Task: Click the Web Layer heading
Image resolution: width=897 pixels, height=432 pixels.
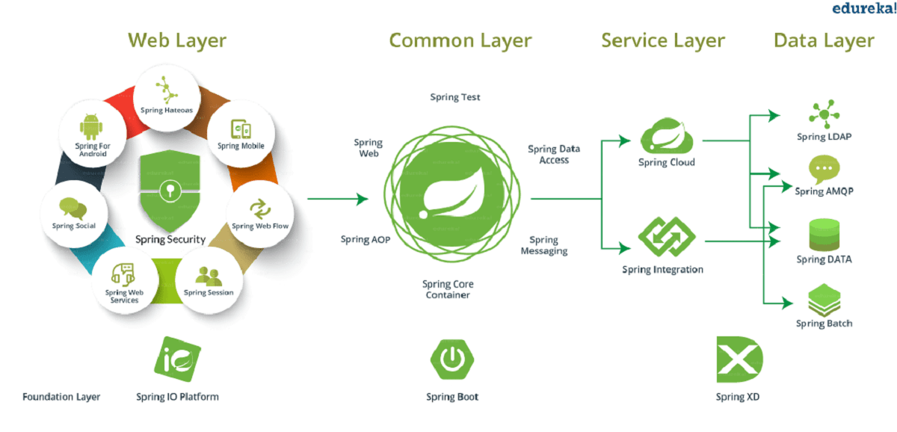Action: pyautogui.click(x=176, y=40)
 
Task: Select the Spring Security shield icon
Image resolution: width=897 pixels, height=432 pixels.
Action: pyautogui.click(x=170, y=191)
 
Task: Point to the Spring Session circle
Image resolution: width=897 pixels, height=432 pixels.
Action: pyautogui.click(x=209, y=280)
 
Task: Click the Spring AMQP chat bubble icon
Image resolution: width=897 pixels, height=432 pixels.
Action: pyautogui.click(x=824, y=170)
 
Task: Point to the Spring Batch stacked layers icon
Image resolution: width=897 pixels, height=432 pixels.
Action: pyautogui.click(x=824, y=301)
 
